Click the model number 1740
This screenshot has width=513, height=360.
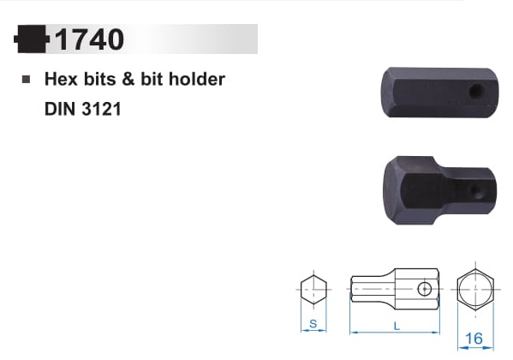point(89,39)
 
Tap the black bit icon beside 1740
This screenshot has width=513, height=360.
point(32,39)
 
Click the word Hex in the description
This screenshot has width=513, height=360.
point(61,79)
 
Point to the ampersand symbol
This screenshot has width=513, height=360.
point(128,79)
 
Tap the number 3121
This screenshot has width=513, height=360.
point(101,109)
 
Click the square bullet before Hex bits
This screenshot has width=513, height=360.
point(26,79)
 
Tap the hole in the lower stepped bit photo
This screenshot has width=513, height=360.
point(477,191)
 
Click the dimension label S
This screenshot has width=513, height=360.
point(313,324)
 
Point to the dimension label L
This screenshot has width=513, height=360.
point(397,326)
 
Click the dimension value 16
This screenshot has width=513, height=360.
point(474,339)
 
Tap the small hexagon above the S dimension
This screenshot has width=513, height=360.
point(313,290)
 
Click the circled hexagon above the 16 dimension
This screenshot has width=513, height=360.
point(475,289)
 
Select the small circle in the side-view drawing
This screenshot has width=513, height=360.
point(424,289)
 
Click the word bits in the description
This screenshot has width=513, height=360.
point(100,79)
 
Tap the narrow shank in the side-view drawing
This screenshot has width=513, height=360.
point(373,289)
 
